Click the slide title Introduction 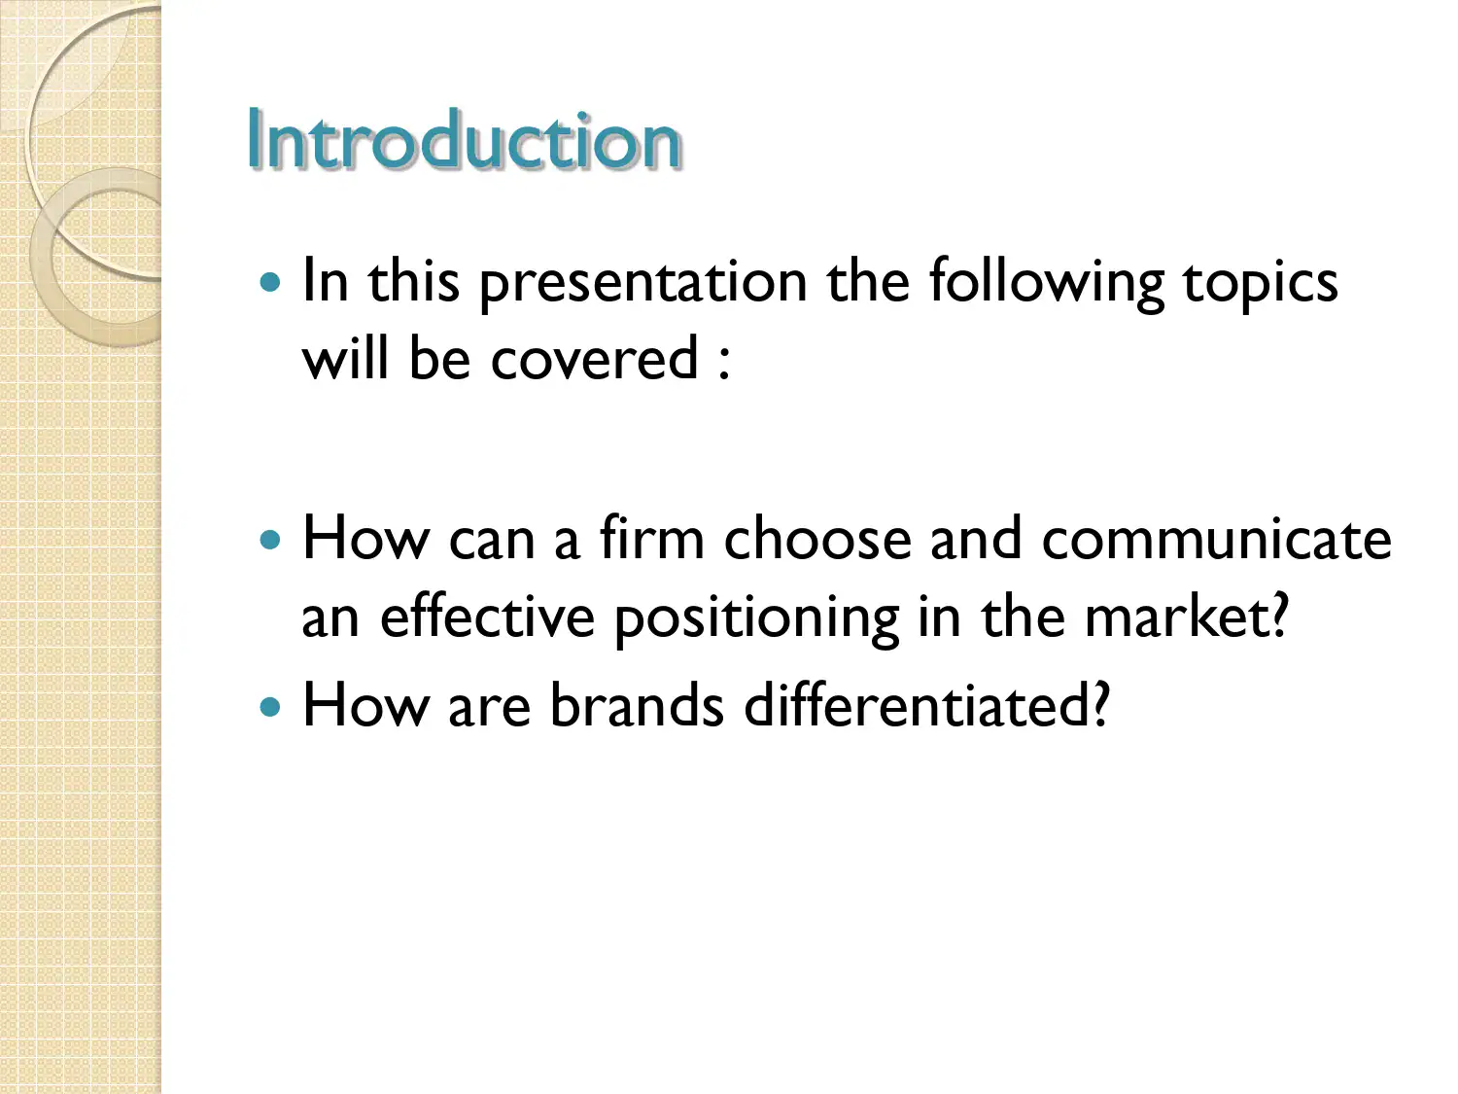pyautogui.click(x=464, y=140)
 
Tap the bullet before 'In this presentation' pyautogui.click(x=271, y=283)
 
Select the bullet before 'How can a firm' pyautogui.click(x=271, y=540)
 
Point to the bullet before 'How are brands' pyautogui.click(x=271, y=706)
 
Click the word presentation pyautogui.click(x=642, y=284)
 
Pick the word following pyautogui.click(x=1045, y=284)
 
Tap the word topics pyautogui.click(x=1260, y=284)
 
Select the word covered pyautogui.click(x=594, y=360)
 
